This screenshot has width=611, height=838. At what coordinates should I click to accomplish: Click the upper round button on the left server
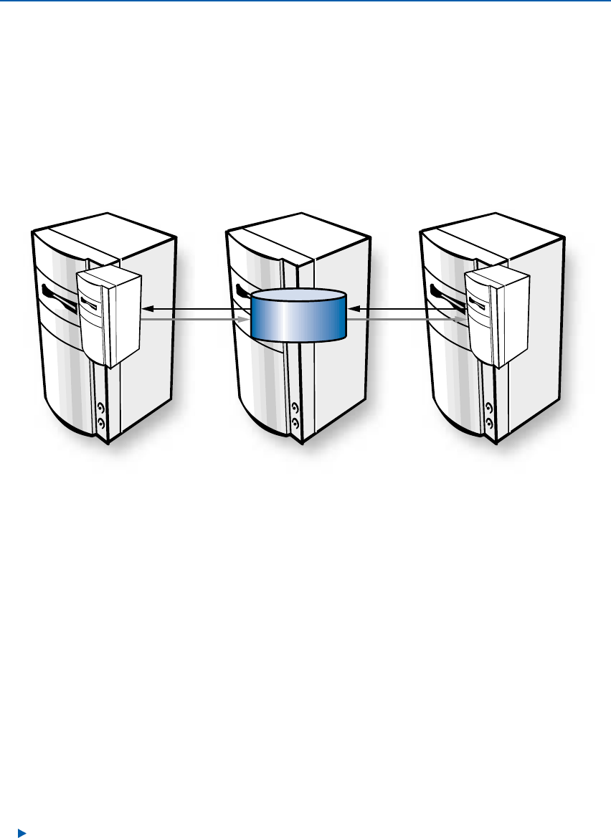click(100, 409)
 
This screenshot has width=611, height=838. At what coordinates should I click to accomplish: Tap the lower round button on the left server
click(100, 424)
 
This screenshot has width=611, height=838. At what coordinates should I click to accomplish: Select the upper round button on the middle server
click(295, 409)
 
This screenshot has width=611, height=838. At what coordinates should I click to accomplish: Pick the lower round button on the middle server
click(295, 424)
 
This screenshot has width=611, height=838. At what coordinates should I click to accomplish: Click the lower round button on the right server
click(489, 424)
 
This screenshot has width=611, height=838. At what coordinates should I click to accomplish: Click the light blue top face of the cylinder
click(298, 297)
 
